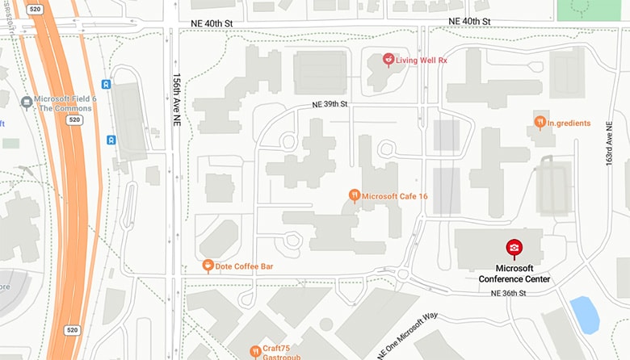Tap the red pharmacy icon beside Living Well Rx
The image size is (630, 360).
click(x=388, y=59)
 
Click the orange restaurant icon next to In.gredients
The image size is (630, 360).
click(x=540, y=122)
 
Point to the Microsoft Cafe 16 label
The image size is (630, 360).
click(x=395, y=195)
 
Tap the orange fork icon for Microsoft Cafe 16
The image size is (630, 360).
click(x=354, y=195)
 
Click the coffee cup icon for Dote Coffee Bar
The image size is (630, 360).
click(x=208, y=266)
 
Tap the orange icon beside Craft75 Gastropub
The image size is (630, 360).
click(x=254, y=350)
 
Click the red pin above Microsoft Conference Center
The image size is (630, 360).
click(x=514, y=248)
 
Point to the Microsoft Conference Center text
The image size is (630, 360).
click(x=514, y=274)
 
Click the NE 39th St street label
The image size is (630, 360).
click(x=330, y=104)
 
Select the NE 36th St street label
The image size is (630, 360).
click(x=508, y=293)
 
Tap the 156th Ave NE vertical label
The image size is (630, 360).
click(x=176, y=98)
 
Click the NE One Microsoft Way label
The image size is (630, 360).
click(x=407, y=335)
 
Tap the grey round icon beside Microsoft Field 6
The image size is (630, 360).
click(x=27, y=103)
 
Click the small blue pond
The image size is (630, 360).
click(x=584, y=314)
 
